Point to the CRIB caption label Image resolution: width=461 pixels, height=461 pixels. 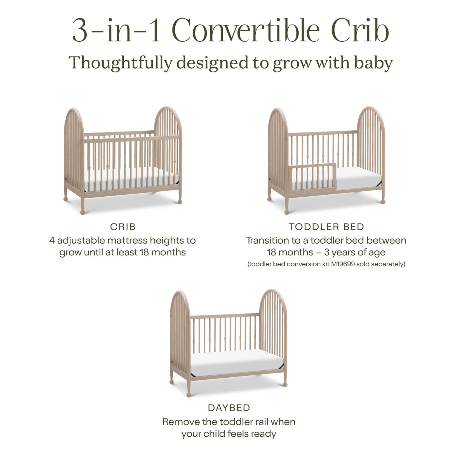coord(123,227)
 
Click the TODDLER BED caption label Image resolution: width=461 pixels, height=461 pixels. coord(326,227)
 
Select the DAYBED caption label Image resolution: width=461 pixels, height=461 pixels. coord(229,408)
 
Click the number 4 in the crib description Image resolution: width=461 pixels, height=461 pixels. coord(52,240)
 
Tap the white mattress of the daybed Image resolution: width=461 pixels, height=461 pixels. coord(237,363)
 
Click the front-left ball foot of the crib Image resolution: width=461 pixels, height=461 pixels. coord(83,212)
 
